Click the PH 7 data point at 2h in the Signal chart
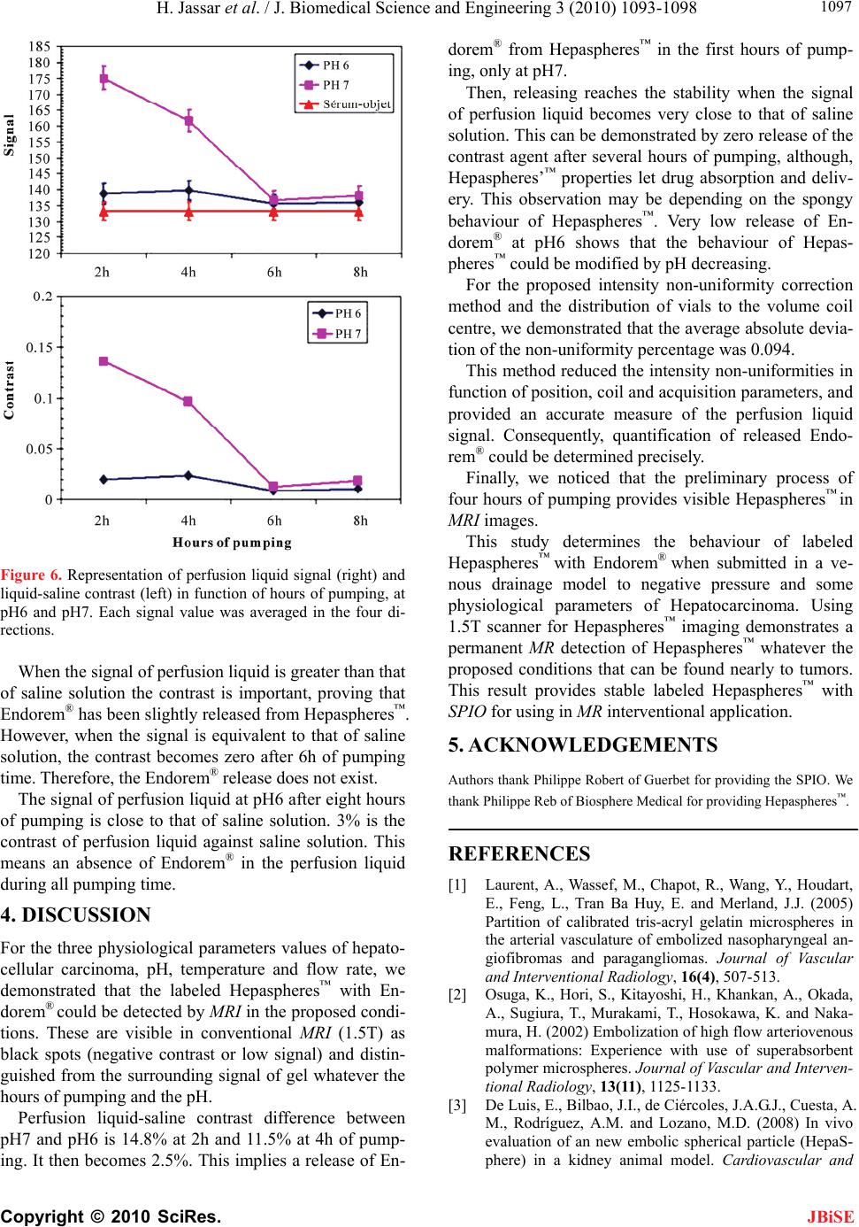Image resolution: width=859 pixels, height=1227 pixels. [104, 78]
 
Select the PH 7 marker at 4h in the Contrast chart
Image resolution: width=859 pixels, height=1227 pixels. [188, 401]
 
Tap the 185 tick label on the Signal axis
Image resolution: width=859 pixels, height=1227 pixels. [40, 45]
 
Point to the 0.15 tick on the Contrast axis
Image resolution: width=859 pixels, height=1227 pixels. [39, 347]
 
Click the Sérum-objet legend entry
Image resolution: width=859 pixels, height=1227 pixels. [345, 104]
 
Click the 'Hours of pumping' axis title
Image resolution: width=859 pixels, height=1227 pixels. [232, 542]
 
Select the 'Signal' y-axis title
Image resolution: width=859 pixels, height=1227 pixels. [11, 135]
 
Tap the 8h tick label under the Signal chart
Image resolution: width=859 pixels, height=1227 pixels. [360, 273]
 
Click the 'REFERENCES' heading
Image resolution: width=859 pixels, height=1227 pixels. [519, 854]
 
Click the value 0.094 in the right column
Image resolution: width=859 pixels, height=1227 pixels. [775, 349]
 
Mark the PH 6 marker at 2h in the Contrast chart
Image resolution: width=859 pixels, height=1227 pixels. [104, 479]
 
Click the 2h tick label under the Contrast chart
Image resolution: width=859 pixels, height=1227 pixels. [103, 521]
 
